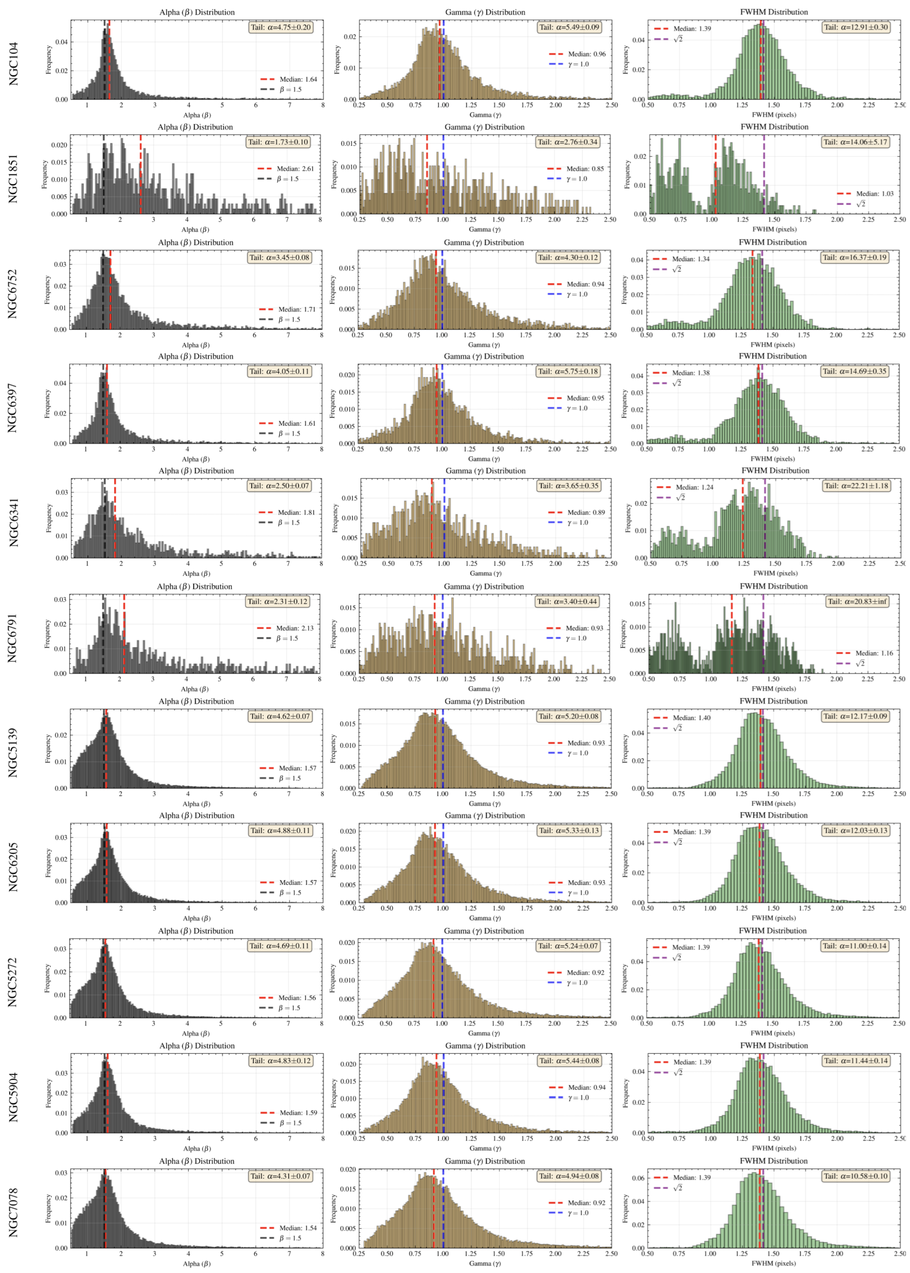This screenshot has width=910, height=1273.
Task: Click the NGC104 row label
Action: (x=14, y=63)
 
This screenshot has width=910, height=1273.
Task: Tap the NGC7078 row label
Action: (x=14, y=1213)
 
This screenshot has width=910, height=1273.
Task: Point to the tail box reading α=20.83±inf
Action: (x=857, y=601)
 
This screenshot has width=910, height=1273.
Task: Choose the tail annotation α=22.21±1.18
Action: (x=856, y=486)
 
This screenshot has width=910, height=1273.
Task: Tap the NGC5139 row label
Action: (x=14, y=753)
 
